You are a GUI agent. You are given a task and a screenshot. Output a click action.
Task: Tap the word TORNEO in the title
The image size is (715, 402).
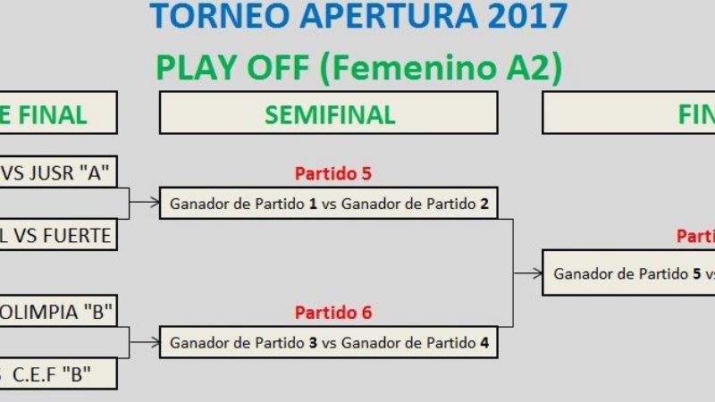coord(205,16)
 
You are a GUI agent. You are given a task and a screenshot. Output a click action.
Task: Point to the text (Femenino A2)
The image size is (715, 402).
coord(447,68)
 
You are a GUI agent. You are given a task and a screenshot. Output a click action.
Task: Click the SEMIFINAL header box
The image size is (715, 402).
coord(329,113)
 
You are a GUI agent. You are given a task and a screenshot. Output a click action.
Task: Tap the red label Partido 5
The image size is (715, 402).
coord(332,173)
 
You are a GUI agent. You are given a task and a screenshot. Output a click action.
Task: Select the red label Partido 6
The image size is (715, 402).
coord(332,313)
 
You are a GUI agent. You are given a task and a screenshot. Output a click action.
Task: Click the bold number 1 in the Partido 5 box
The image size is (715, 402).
coord(313,204)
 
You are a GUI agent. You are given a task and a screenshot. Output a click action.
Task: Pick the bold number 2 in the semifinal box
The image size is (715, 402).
coord(484,204)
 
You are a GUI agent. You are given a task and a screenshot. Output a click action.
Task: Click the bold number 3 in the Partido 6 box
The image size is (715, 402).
coord(313,342)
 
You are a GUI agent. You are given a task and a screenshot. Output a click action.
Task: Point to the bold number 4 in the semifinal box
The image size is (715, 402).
coord(484,342)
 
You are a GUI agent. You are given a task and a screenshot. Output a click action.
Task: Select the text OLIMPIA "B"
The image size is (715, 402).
coord(57,312)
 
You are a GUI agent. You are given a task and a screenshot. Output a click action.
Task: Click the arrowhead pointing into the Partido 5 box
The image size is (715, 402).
coord(155,203)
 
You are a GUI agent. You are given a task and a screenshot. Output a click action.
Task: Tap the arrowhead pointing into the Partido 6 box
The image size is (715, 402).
coord(155,342)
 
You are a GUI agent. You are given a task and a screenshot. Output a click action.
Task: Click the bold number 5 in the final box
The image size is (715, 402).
coord(696,274)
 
